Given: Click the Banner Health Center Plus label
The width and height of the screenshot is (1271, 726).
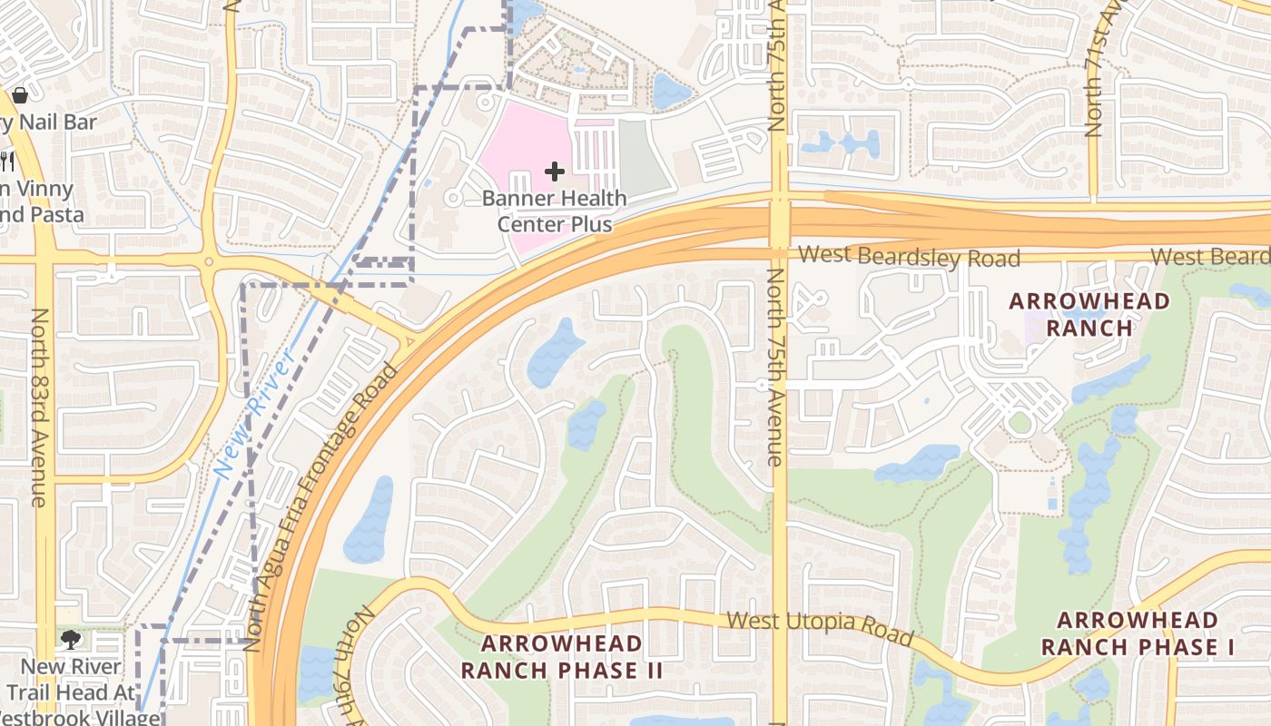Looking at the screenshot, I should (554, 211).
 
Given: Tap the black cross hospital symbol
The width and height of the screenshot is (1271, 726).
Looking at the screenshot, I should (554, 172).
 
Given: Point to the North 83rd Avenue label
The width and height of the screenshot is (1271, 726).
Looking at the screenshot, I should (39, 407).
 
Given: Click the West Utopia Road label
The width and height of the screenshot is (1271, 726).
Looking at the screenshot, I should (820, 628).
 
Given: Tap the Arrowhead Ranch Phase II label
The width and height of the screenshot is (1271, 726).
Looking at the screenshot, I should (561, 657).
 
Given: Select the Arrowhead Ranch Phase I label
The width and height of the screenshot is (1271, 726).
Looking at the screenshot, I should (1138, 633).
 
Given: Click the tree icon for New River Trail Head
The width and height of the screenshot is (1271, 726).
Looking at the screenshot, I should (70, 641).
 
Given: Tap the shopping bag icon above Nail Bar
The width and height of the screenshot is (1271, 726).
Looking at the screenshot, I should (20, 94).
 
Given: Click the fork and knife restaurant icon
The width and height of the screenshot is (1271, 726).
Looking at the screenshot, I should (7, 162).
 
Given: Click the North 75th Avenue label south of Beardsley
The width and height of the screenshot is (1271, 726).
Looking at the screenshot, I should (773, 368).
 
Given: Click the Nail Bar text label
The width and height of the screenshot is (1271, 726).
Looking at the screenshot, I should (50, 122).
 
